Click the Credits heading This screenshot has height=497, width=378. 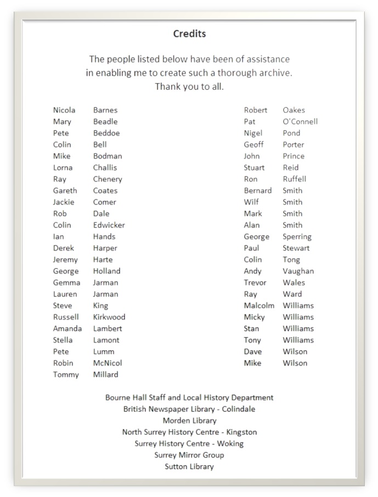click(189, 34)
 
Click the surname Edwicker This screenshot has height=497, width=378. click(109, 225)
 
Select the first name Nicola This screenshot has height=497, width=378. click(64, 110)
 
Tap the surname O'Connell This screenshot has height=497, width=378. click(300, 122)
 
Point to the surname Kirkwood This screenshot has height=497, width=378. click(109, 317)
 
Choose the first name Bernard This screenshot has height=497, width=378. click(257, 191)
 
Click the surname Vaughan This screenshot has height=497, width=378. click(298, 271)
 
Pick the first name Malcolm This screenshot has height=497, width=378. click(259, 306)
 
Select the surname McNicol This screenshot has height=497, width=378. click(108, 363)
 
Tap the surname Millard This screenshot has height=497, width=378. click(105, 375)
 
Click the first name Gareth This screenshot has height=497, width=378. click(65, 191)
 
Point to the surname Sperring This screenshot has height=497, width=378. click(297, 237)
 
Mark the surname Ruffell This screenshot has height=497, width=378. click(294, 179)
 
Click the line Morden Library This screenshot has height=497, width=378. click(189, 421)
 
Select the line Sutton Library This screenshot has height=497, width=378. click(189, 467)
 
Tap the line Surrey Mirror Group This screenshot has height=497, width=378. click(189, 455)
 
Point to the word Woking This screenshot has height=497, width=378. click(230, 444)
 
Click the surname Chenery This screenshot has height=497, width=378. click(108, 179)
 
